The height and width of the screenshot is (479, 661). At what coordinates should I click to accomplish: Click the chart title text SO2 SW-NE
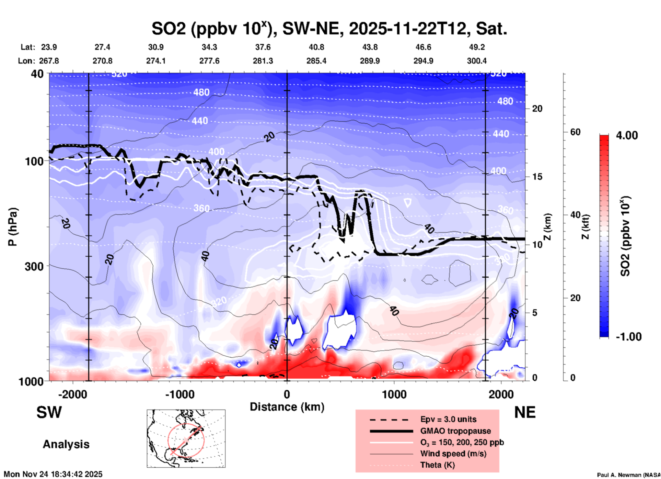click(x=329, y=29)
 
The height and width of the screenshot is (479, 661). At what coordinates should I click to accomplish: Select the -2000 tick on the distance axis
click(x=72, y=394)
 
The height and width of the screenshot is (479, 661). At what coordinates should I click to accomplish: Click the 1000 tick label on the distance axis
click(x=394, y=394)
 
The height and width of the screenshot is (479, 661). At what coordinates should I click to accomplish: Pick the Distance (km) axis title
click(x=287, y=407)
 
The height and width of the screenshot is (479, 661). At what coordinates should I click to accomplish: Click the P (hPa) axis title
click(x=13, y=227)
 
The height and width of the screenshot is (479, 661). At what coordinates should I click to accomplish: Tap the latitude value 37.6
click(x=263, y=47)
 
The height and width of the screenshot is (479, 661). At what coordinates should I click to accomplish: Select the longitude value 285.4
click(x=316, y=61)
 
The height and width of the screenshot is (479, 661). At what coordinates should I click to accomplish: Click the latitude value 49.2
click(x=477, y=47)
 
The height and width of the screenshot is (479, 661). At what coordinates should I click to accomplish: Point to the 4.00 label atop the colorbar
click(x=627, y=135)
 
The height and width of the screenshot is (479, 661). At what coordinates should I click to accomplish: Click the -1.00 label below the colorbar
click(x=628, y=337)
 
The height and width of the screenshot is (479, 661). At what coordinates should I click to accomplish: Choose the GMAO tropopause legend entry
click(x=455, y=431)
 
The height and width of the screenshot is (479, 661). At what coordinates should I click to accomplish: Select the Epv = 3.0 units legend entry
click(x=448, y=419)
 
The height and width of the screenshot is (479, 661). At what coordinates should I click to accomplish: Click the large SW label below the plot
click(x=49, y=412)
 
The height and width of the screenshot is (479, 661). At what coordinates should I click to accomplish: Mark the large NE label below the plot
click(x=525, y=412)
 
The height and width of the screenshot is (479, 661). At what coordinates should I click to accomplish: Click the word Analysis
click(x=66, y=444)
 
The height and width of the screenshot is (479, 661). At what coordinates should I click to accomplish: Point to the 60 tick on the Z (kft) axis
click(x=575, y=132)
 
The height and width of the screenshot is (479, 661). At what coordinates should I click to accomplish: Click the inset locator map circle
click(x=186, y=440)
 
